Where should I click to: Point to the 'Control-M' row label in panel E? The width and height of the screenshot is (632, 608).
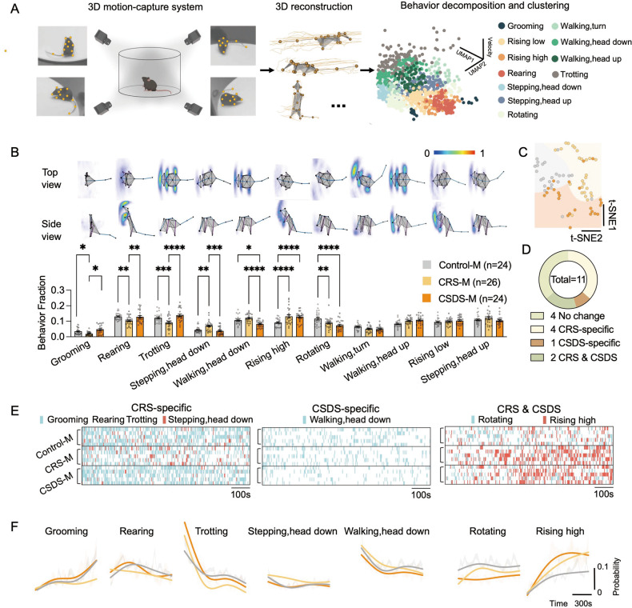(x=53, y=437)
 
